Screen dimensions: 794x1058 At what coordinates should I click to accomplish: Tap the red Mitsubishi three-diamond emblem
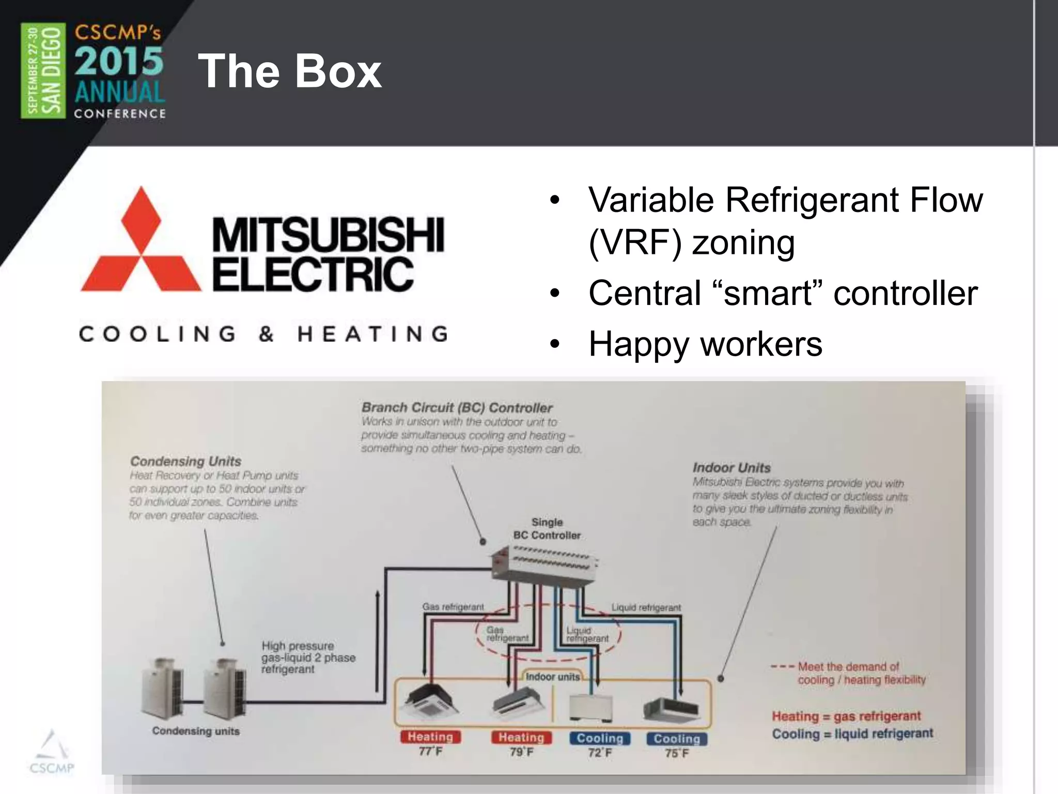141,243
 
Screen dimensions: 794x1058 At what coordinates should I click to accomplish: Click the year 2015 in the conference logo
119,61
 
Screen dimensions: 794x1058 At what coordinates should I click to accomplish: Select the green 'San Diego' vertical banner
43,71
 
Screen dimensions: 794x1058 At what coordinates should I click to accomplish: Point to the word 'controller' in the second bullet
905,293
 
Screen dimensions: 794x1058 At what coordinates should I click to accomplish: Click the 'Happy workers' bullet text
705,344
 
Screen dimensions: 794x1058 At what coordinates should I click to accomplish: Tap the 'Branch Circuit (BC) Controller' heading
457,408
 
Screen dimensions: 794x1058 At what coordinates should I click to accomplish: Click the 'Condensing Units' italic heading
185,461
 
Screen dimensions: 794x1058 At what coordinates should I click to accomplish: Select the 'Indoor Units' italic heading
732,468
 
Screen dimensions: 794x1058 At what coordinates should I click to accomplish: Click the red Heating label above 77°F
430,737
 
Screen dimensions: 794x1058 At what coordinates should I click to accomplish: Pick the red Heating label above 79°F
521,737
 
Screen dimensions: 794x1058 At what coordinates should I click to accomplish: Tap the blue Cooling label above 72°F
600,738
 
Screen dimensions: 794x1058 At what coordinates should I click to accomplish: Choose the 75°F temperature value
677,753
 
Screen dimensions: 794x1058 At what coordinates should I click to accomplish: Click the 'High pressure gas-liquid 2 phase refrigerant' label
308,658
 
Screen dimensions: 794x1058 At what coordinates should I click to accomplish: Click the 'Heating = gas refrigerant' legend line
846,716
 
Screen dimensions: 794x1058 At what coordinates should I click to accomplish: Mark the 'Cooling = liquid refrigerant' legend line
852,734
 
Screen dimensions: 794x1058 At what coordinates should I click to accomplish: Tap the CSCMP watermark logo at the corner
51,752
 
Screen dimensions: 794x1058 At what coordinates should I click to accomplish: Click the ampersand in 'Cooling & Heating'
267,334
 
